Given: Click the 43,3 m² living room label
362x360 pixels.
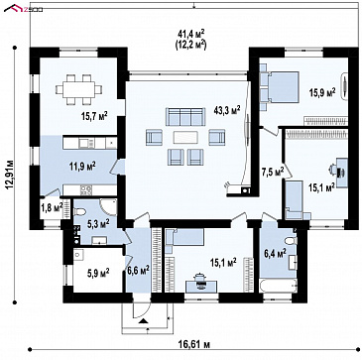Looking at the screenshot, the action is tap(227, 110).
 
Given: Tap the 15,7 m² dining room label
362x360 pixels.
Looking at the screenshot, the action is tap(94, 116).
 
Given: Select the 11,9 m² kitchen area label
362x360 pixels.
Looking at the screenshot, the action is tap(83, 165).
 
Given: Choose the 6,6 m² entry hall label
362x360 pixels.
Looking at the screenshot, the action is tap(138, 271).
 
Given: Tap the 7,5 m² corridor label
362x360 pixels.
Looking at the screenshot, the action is tap(273, 172).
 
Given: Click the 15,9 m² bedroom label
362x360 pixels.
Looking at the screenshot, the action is tap(322, 92).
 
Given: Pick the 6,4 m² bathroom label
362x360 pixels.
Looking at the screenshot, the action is tap(275, 254).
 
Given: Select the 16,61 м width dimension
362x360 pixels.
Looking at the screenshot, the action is tap(194, 345).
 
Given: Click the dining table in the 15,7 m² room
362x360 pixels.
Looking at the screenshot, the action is tap(78, 89).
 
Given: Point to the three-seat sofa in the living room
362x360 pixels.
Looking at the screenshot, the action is tap(185, 116).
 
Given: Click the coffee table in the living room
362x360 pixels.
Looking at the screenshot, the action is tap(185, 137).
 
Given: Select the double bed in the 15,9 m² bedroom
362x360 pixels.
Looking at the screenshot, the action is tap(281, 87).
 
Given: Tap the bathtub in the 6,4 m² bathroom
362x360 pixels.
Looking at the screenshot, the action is tap(279, 286).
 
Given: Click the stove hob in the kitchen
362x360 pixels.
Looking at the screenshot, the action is tap(86, 189).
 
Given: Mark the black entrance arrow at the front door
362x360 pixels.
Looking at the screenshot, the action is tap(143, 320).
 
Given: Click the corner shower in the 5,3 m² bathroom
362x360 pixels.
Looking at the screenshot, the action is tap(109, 207).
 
